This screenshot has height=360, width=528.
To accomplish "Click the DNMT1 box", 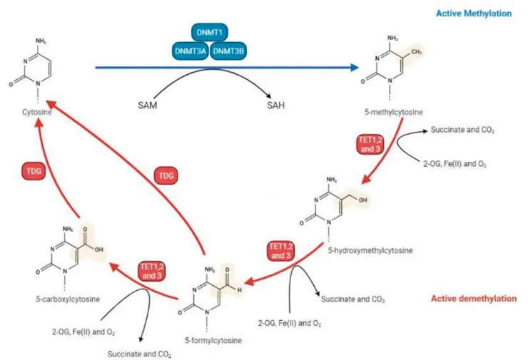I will (211, 33).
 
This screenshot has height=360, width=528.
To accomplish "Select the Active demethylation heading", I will (472, 299).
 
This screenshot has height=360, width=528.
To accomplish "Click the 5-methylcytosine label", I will (391, 113).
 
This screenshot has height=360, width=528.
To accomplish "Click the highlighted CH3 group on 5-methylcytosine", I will (415, 52).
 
